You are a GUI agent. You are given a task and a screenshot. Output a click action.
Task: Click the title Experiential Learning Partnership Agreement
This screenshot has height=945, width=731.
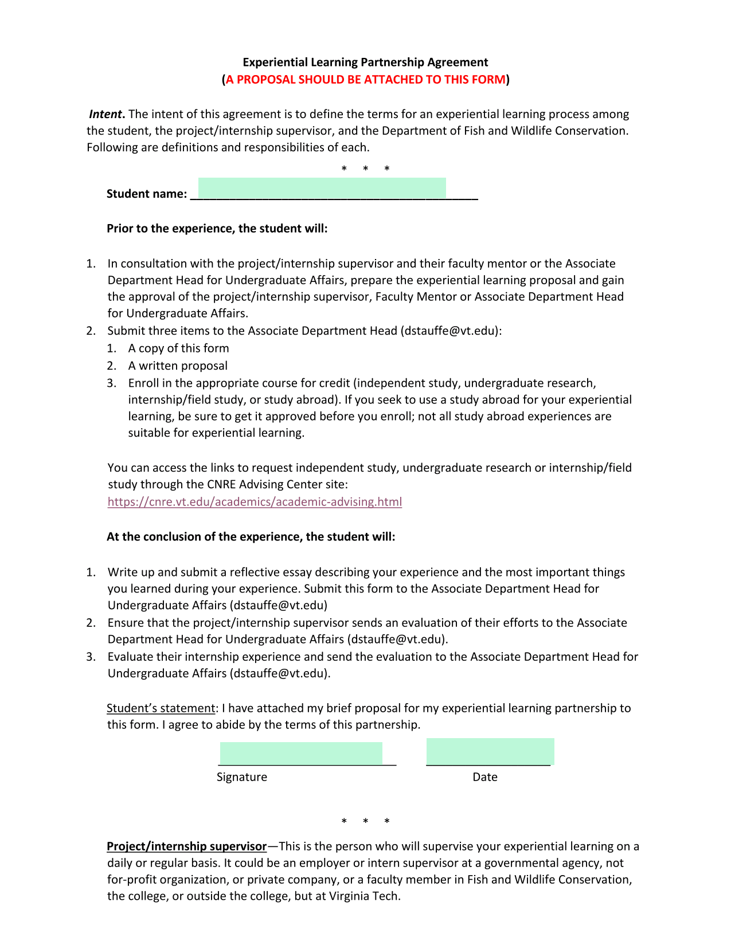[365, 62]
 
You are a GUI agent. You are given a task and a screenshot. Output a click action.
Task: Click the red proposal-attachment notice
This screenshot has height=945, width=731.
[365, 80]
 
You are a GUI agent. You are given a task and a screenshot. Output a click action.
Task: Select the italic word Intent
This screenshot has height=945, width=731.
[105, 114]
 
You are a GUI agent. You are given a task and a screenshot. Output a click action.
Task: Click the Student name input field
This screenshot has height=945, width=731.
[322, 188]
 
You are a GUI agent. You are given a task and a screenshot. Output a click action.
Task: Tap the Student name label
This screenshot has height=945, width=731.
[146, 194]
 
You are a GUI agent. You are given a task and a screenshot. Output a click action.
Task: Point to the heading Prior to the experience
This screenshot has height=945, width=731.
[217, 229]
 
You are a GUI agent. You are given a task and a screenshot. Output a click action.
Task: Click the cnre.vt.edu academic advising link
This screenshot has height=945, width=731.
[255, 502]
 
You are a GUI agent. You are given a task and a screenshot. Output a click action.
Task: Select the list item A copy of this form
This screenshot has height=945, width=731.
[178, 348]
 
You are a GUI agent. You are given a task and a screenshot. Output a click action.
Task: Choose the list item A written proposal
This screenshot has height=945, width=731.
[178, 366]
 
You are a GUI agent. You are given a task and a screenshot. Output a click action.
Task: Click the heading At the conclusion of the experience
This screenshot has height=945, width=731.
[251, 537]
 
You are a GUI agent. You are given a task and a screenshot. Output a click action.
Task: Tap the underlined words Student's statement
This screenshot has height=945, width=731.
[161, 708]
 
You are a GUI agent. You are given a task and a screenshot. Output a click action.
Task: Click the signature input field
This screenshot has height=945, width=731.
[301, 753]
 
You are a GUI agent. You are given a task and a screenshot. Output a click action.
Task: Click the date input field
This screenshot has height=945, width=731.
[490, 751]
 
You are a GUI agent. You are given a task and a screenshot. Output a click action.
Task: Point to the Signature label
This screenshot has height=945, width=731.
[241, 777]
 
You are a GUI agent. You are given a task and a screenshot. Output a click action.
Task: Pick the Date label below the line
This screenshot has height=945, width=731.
[484, 777]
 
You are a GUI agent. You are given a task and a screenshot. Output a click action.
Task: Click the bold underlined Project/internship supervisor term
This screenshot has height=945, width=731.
[186, 846]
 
